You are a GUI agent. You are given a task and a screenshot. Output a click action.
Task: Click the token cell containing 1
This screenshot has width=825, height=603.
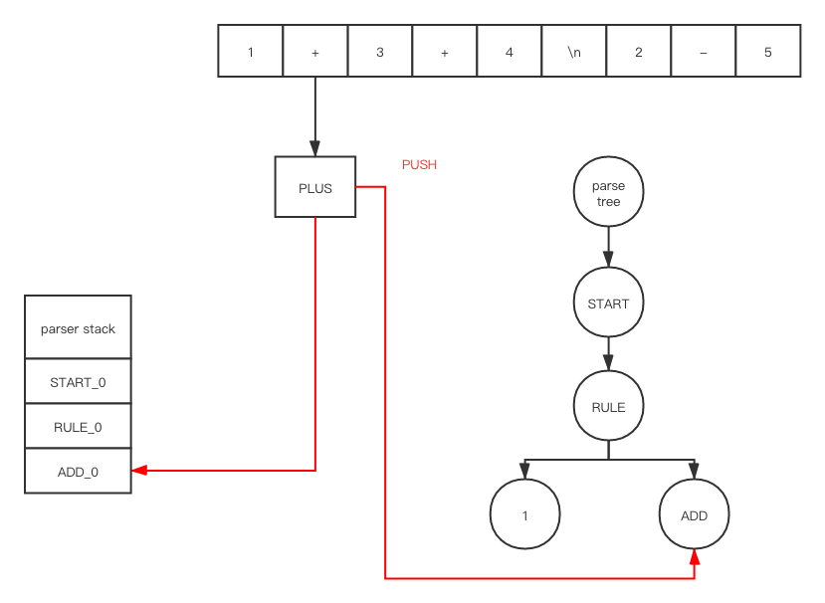point(251,52)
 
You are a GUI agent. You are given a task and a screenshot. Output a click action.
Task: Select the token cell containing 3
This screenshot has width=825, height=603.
point(380,52)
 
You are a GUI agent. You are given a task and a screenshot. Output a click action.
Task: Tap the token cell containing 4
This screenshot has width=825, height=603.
point(510,52)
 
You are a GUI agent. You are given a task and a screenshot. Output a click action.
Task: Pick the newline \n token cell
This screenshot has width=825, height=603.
point(574,52)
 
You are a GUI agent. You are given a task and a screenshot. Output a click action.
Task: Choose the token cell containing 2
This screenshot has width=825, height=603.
point(639,52)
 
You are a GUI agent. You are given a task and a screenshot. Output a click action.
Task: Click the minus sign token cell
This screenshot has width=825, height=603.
point(704,52)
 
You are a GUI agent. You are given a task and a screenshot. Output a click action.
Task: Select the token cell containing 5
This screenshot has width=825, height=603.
point(768,52)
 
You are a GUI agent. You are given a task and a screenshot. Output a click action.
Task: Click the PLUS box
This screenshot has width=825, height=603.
point(314,187)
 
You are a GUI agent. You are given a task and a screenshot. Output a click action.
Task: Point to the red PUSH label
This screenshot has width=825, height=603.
point(419,164)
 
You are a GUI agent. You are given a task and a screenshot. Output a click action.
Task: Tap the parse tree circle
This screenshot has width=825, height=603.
point(608,194)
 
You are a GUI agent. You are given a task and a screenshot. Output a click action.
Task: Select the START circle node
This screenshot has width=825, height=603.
point(608,302)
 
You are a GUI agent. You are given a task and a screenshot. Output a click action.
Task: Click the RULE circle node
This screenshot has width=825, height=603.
point(608,407)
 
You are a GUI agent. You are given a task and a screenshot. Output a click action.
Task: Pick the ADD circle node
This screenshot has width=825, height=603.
point(694,515)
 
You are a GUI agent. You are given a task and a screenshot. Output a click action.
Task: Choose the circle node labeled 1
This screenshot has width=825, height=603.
point(524,515)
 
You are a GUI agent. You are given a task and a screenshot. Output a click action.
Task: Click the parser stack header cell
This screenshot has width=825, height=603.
point(78,328)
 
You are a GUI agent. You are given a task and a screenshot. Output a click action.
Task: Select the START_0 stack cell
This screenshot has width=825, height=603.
point(78,382)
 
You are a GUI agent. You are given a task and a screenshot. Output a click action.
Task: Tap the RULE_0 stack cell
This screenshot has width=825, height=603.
point(78,427)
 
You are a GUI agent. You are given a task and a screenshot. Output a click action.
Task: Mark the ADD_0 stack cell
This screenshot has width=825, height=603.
point(78,472)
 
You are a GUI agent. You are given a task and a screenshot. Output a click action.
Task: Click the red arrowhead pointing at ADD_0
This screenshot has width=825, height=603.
point(139,470)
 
